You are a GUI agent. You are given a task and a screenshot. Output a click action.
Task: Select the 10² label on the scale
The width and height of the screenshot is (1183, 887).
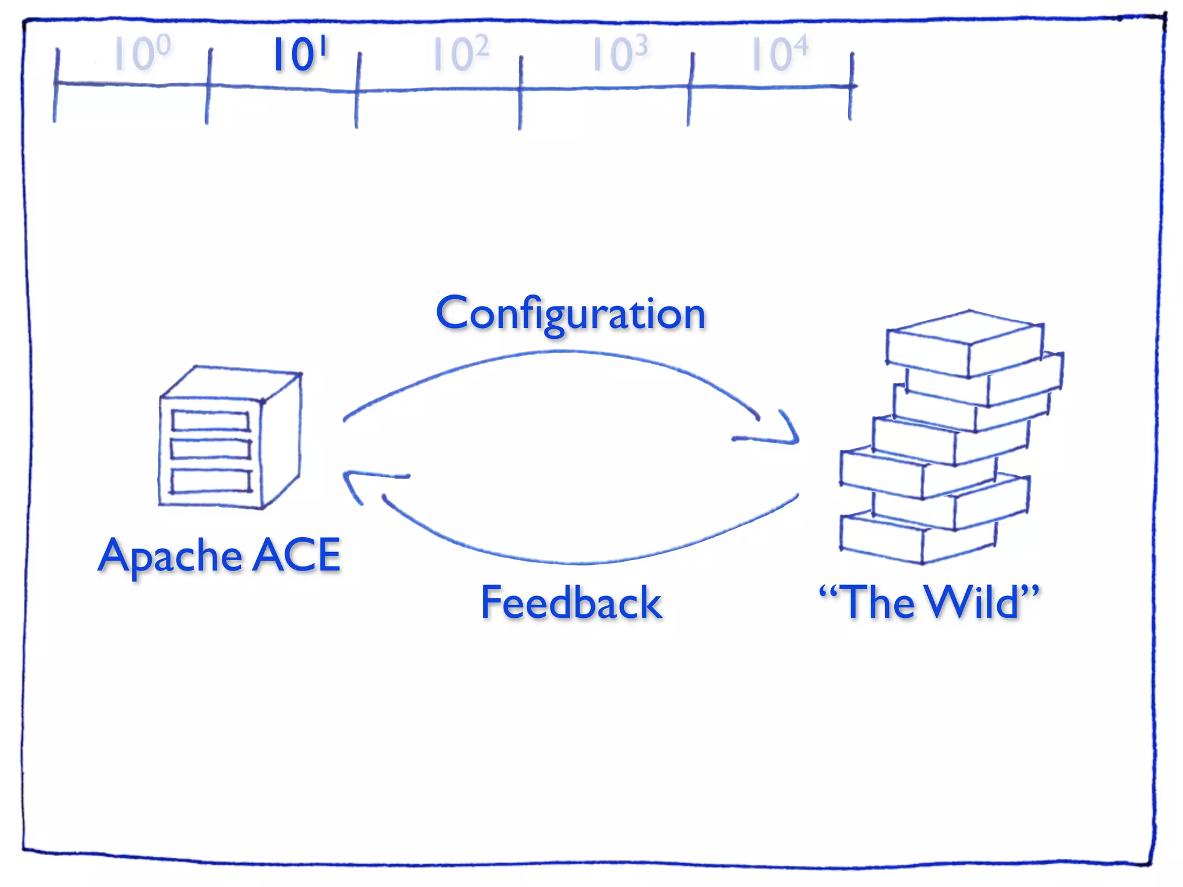click(x=461, y=54)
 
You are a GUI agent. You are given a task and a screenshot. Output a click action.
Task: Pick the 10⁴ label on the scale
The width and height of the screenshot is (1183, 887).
click(x=779, y=54)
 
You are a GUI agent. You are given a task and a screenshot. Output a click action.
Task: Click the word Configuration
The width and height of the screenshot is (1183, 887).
click(x=571, y=314)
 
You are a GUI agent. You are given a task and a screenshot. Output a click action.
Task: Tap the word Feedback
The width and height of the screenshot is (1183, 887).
click(x=571, y=602)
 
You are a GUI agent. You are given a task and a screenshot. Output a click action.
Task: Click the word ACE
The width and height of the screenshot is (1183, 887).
click(x=297, y=555)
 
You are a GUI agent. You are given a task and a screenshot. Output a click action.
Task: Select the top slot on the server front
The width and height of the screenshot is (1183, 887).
click(x=210, y=420)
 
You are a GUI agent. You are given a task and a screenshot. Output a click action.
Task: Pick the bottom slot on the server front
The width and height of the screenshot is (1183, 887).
click(x=211, y=480)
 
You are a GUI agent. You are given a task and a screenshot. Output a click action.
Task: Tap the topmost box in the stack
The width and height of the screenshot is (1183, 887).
click(x=965, y=344)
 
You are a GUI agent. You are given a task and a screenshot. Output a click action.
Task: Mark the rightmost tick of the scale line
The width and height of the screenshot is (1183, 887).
click(x=851, y=86)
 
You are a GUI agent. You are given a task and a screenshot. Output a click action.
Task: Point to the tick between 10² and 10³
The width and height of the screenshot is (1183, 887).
click(x=520, y=91)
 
